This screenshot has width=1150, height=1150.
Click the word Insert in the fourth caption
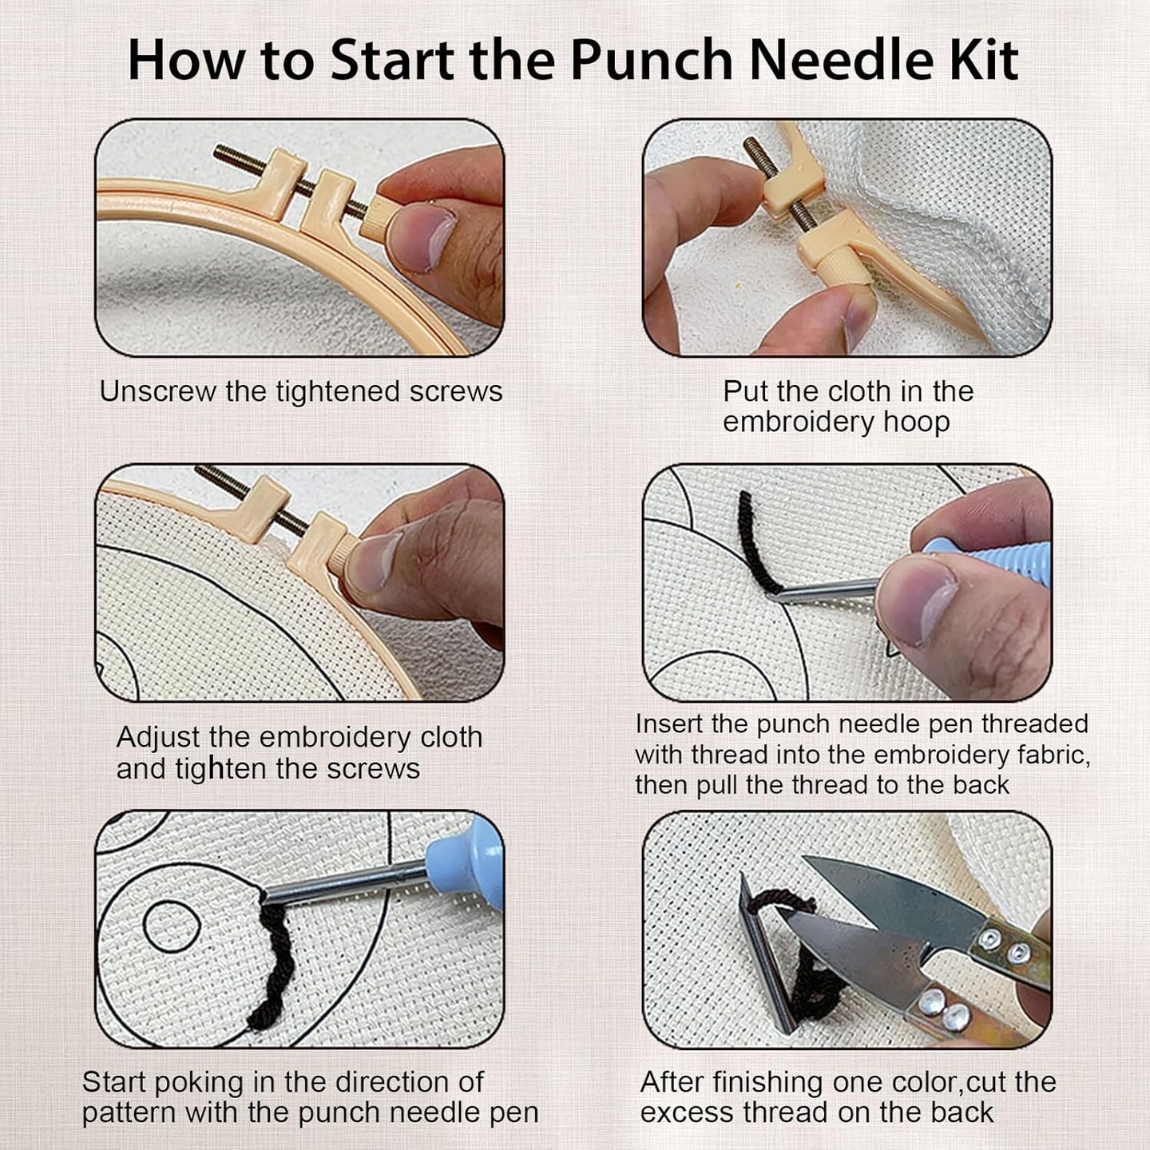pyautogui.click(x=668, y=724)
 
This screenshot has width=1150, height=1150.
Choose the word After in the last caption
pyautogui.click(x=671, y=1082)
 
